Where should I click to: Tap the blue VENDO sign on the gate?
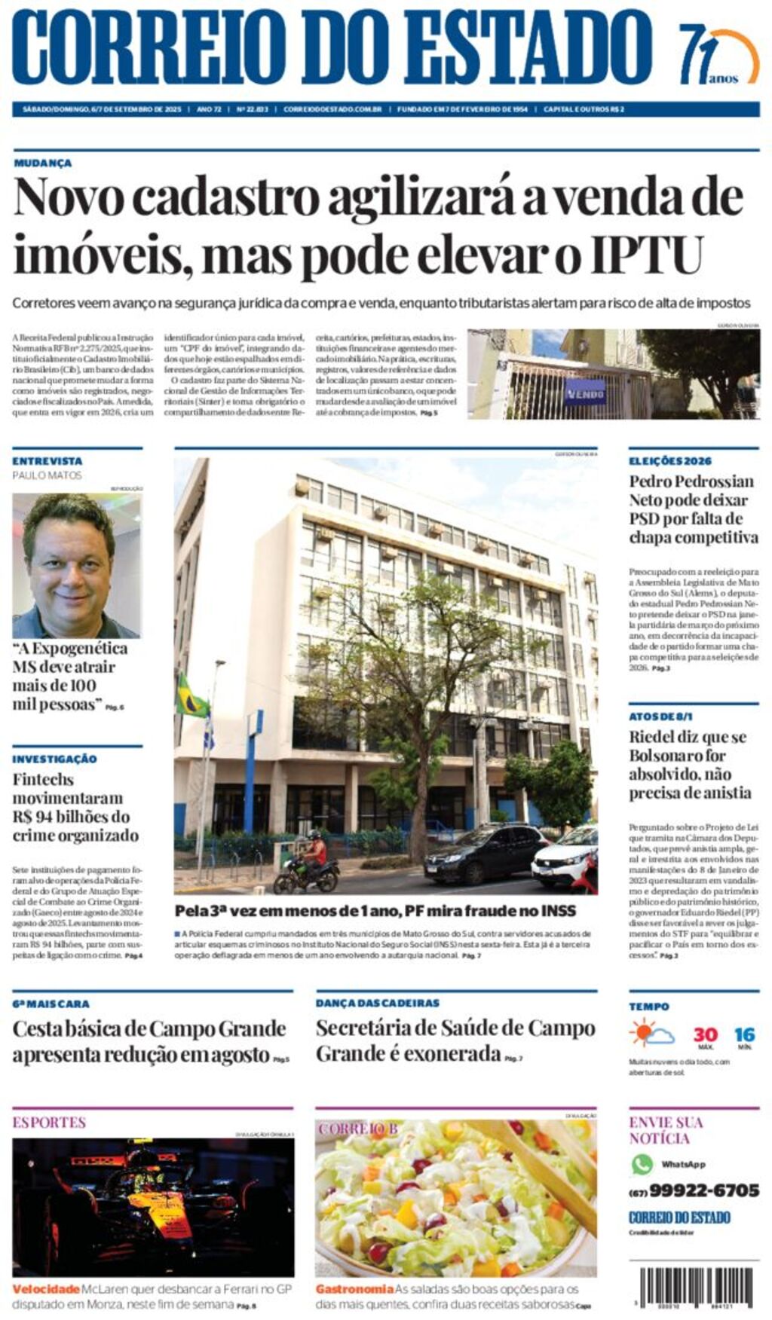[x=585, y=393]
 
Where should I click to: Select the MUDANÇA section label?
[x=43, y=163]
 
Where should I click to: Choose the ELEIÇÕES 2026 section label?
[x=669, y=460]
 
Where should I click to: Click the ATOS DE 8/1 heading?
[x=660, y=716]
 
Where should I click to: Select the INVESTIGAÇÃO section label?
[x=54, y=759]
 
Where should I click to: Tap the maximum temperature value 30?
[x=705, y=1034]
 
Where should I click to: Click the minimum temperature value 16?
[x=744, y=1034]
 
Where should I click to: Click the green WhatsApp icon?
[x=642, y=1164]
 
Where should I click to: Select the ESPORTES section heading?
[x=49, y=1122]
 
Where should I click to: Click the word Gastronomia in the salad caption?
[x=354, y=1289]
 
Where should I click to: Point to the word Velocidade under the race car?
[x=45, y=1289]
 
